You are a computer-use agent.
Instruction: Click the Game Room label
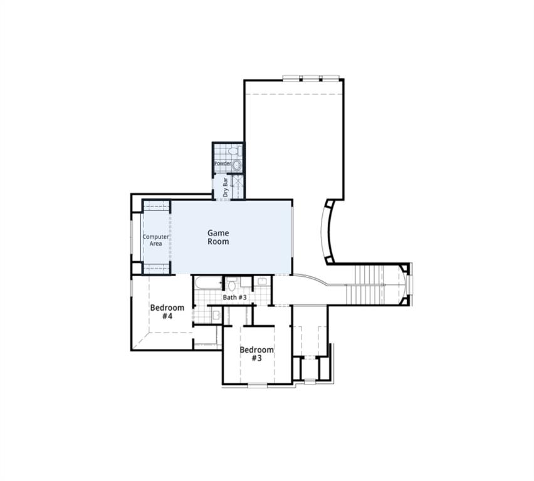pyautogui.click(x=218, y=237)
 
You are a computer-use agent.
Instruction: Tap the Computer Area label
pyautogui.click(x=155, y=240)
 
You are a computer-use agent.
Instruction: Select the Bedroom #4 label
pyautogui.click(x=167, y=312)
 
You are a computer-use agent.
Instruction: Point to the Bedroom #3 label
pyautogui.click(x=256, y=354)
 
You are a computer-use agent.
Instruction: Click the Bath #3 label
pyautogui.click(x=235, y=297)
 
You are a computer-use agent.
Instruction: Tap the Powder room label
pyautogui.click(x=223, y=164)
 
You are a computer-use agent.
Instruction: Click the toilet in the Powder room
pyautogui.click(x=233, y=152)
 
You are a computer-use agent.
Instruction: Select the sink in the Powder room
pyautogui.click(x=237, y=165)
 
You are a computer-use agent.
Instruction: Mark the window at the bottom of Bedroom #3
pyautogui.click(x=258, y=385)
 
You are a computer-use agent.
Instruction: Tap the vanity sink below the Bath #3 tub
pyautogui.click(x=216, y=315)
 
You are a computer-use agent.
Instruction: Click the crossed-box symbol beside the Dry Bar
pyautogui.click(x=238, y=186)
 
